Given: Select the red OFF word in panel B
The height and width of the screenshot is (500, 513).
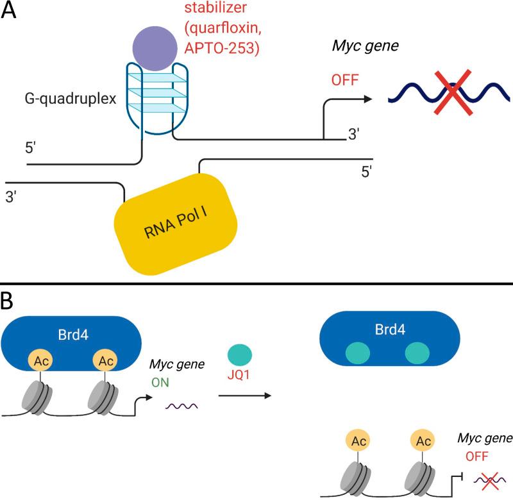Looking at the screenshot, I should (476, 456).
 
